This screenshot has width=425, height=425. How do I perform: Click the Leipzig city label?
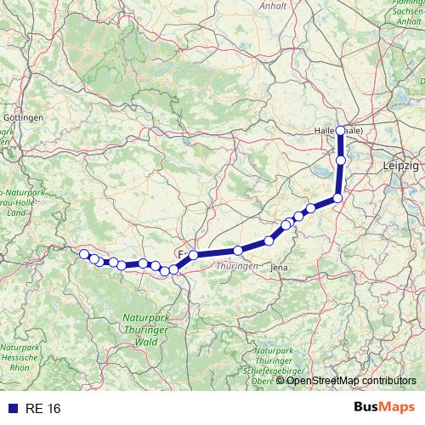click(x=402, y=165)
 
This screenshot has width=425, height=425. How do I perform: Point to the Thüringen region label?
click(x=238, y=266)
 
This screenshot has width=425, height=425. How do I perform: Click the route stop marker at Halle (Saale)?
click(x=340, y=130)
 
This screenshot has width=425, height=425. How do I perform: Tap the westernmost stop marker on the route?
click(x=83, y=254)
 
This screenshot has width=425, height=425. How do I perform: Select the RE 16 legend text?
click(x=42, y=409)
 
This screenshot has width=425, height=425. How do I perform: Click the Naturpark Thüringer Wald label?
click(x=134, y=329)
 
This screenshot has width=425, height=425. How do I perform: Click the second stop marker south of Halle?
click(x=337, y=198)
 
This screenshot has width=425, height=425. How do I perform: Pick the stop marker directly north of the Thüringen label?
click(x=238, y=250)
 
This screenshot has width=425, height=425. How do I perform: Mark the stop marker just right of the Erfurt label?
click(x=194, y=255)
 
